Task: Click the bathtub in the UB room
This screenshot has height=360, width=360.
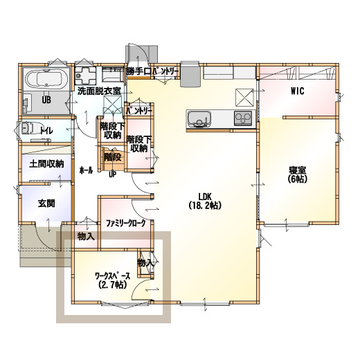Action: click(x=46, y=80)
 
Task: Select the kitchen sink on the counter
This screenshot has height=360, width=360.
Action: click(x=199, y=118)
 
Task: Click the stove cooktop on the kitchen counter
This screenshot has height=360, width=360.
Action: click(x=243, y=118)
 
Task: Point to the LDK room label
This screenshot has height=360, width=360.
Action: click(x=205, y=201)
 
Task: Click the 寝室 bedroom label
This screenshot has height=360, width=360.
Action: click(x=298, y=174)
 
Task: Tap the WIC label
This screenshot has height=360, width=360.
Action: click(x=298, y=91)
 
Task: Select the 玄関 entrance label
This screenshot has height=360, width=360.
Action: click(x=46, y=204)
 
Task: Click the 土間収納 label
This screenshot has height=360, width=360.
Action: click(x=46, y=164)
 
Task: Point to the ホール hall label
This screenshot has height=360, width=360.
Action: click(x=86, y=170)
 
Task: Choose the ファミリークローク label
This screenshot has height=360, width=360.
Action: click(x=126, y=223)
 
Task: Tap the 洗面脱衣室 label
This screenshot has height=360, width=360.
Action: click(x=99, y=91)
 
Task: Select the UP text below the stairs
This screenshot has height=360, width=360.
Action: click(x=112, y=174)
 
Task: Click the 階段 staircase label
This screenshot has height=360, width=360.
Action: click(x=112, y=157)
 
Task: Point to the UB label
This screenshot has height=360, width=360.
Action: click(x=46, y=100)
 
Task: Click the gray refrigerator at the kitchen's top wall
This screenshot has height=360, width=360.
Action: click(x=190, y=75)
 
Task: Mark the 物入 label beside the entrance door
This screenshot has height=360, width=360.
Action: click(x=86, y=236)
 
